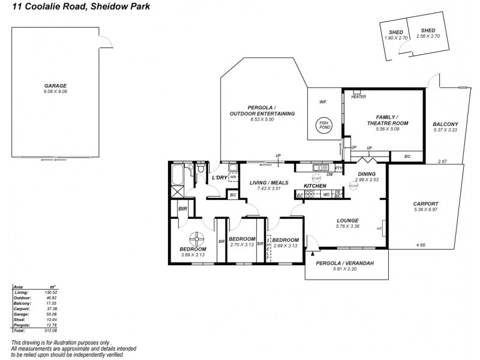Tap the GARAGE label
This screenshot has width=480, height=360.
coord(55,86)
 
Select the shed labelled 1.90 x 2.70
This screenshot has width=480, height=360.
coord(395,35)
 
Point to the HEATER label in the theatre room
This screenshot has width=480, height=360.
coord(358,97)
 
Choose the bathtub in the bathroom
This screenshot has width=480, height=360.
coord(177,176)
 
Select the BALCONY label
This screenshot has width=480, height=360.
coord(445,124)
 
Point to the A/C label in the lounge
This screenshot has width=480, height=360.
coord(379,229)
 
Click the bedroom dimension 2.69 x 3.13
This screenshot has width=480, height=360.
coord(284,245)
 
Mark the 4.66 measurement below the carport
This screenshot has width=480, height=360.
coord(420,245)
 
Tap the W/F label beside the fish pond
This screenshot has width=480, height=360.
coord(322,102)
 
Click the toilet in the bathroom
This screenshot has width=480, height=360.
coord(199,173)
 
